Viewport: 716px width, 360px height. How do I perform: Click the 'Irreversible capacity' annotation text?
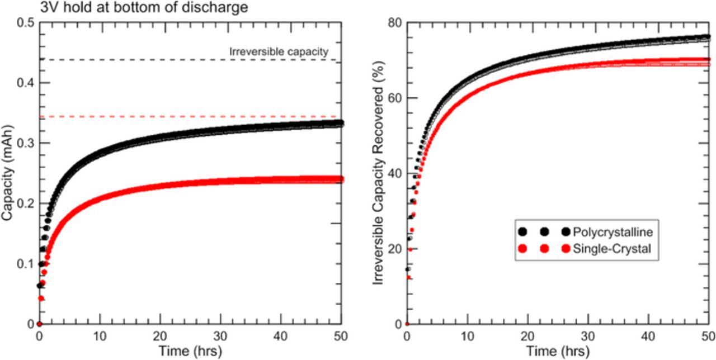click(278, 51)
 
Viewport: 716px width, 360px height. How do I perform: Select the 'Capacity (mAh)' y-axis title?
click(7, 173)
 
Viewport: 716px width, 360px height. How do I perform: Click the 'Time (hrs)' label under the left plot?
click(190, 352)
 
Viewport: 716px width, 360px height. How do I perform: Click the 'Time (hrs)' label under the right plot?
click(558, 352)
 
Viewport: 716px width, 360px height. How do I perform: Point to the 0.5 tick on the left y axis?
click(26, 22)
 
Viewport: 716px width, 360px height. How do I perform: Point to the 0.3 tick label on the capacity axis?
click(26, 143)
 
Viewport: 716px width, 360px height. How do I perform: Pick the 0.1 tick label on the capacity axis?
click(26, 264)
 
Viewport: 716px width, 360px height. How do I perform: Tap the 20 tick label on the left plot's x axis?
click(160, 336)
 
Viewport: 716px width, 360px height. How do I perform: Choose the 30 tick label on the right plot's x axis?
click(588, 336)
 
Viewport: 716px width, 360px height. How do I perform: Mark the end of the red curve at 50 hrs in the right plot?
click(707, 61)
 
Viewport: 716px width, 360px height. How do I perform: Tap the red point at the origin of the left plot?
click(39, 324)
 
